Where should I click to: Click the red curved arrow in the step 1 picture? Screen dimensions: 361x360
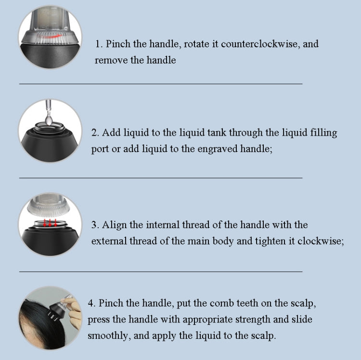(x=50, y=37)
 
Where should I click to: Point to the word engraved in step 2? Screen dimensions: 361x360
(x=218, y=149)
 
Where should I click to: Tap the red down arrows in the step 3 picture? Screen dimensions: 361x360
(x=50, y=222)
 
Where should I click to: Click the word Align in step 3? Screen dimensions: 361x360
(x=114, y=225)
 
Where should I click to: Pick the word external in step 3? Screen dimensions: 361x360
(x=109, y=241)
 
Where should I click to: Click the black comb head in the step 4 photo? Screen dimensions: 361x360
(x=56, y=310)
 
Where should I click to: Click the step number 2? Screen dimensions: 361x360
(x=95, y=133)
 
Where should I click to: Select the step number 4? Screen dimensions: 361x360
(x=91, y=303)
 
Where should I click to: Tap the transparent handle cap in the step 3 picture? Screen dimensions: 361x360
(x=48, y=205)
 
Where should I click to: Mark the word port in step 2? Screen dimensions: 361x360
(x=100, y=149)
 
